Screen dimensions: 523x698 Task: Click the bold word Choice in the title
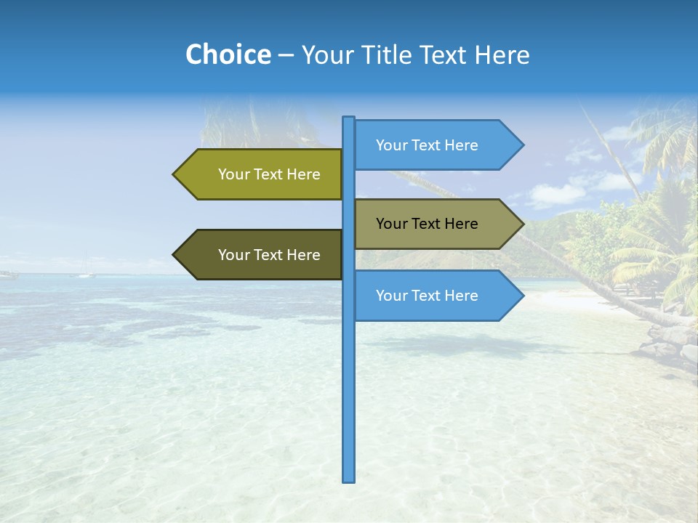tap(228, 54)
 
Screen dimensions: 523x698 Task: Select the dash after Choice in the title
tap(286, 55)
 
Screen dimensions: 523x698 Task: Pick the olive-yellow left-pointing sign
tap(262, 174)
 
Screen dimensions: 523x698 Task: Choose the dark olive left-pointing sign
tap(262, 255)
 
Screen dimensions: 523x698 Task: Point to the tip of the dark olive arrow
tap(174, 255)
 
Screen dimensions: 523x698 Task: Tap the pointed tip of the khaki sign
tap(522, 224)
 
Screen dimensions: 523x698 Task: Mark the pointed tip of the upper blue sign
tap(522, 145)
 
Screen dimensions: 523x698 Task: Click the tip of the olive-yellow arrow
tap(174, 174)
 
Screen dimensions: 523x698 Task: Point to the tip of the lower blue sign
tap(522, 296)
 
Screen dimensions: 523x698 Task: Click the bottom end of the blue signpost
tap(349, 479)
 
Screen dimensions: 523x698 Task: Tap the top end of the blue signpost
tap(349, 118)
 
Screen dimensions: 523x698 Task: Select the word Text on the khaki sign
tap(427, 224)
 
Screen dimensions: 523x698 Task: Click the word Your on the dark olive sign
tap(233, 255)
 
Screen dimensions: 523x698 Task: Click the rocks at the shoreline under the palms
tap(673, 341)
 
